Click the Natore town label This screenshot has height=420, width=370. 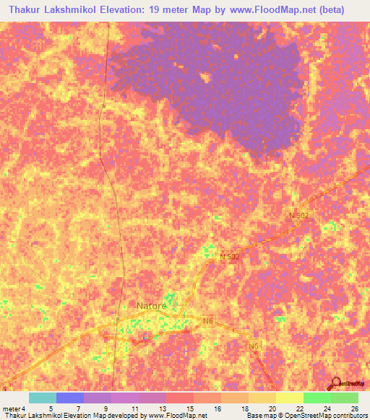[x=152, y=305]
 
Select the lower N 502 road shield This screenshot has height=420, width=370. [x=229, y=257]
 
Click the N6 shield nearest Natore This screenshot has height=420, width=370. [x=208, y=321]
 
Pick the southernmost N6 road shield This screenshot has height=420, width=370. [x=254, y=347]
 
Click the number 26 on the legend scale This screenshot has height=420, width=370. [x=354, y=408]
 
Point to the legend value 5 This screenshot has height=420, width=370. [x=50, y=408]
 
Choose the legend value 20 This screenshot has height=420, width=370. [x=271, y=408]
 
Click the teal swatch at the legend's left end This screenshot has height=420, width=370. [x=42, y=398]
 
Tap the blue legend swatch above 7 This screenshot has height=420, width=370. [x=69, y=398]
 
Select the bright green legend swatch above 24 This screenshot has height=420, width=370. [x=317, y=398]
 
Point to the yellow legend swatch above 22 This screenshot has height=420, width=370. [x=289, y=398]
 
